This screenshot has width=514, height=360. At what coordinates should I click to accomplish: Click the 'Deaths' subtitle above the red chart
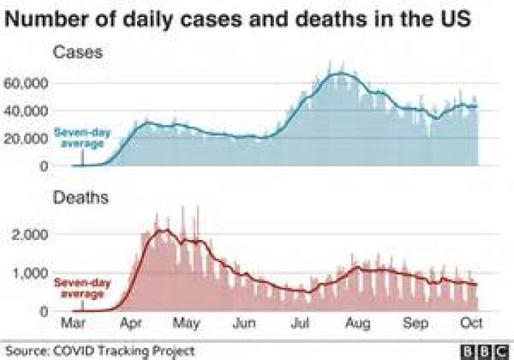81,198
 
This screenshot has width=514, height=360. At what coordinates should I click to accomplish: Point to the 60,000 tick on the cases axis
26,84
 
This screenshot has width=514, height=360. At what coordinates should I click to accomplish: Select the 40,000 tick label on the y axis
26,111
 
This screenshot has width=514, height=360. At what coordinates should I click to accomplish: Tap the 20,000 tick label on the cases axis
26,138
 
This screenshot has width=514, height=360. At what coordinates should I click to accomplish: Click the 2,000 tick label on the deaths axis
31,235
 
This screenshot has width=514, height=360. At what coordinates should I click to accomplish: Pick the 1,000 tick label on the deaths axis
31,274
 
